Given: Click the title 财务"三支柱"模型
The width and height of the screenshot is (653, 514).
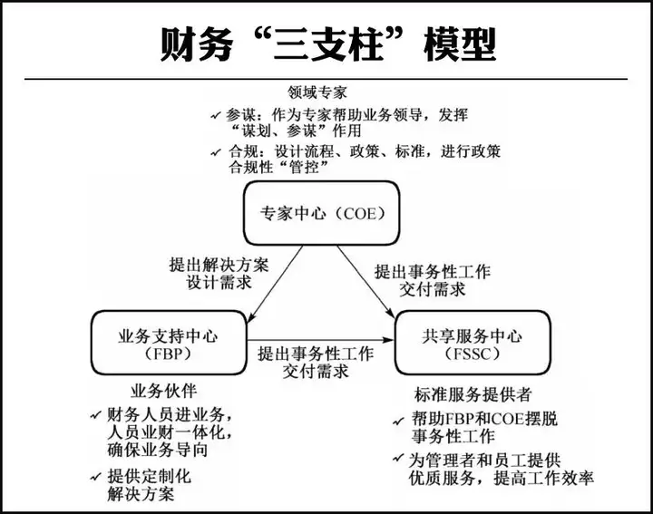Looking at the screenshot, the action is [328, 44].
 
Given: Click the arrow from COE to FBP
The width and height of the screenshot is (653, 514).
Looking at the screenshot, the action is [275, 284].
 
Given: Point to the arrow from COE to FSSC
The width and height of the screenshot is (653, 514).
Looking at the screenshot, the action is [365, 282].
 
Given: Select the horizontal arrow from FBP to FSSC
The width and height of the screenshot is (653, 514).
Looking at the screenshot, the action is [321, 340].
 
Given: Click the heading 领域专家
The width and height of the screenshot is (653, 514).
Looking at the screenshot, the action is [317, 92].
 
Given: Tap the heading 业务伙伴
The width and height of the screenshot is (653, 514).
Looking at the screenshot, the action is [163, 391].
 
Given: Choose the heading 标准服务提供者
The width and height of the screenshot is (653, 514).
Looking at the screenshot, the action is [473, 394].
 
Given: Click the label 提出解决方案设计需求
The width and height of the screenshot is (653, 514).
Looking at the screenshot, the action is [219, 274].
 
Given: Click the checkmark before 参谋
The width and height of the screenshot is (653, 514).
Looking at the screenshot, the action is [216, 115].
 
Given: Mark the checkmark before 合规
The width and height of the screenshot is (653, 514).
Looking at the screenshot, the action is [216, 152].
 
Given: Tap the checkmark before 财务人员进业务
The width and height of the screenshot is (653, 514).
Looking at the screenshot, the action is [95, 415].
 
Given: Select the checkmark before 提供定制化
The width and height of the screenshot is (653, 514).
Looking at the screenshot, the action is [95, 477].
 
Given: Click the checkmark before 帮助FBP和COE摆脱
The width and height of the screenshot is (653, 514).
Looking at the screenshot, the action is [398, 422].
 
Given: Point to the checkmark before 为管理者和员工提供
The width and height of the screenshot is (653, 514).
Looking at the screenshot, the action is [398, 458].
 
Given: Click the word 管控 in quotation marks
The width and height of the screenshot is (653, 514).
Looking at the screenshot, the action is [305, 168].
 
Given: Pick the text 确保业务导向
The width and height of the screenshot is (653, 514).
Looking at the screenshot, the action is [158, 451].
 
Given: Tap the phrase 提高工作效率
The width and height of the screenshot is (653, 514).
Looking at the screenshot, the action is [543, 479].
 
